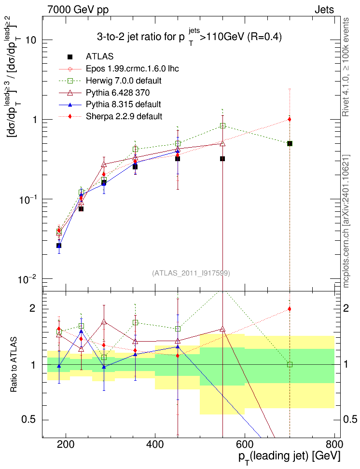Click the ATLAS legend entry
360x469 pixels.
(99, 56)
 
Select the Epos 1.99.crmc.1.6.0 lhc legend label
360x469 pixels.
(132, 69)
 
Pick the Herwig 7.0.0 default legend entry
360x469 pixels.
(124, 81)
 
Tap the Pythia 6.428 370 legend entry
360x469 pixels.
(118, 93)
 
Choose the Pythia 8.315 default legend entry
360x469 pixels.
(123, 104)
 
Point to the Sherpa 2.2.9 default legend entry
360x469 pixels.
(124, 116)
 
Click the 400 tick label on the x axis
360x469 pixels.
(155, 444)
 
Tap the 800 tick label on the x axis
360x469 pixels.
(333, 444)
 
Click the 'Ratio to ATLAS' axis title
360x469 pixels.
(14, 365)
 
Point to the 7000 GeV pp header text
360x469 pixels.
(78, 10)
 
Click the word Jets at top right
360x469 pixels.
(324, 10)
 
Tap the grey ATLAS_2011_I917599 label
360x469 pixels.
(191, 273)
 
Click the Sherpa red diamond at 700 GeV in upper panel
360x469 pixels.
(290, 119)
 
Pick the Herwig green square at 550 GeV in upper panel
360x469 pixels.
(222, 125)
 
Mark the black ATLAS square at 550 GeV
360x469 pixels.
(222, 159)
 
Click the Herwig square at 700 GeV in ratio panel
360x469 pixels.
(290, 365)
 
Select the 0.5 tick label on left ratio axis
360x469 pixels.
(28, 420)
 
